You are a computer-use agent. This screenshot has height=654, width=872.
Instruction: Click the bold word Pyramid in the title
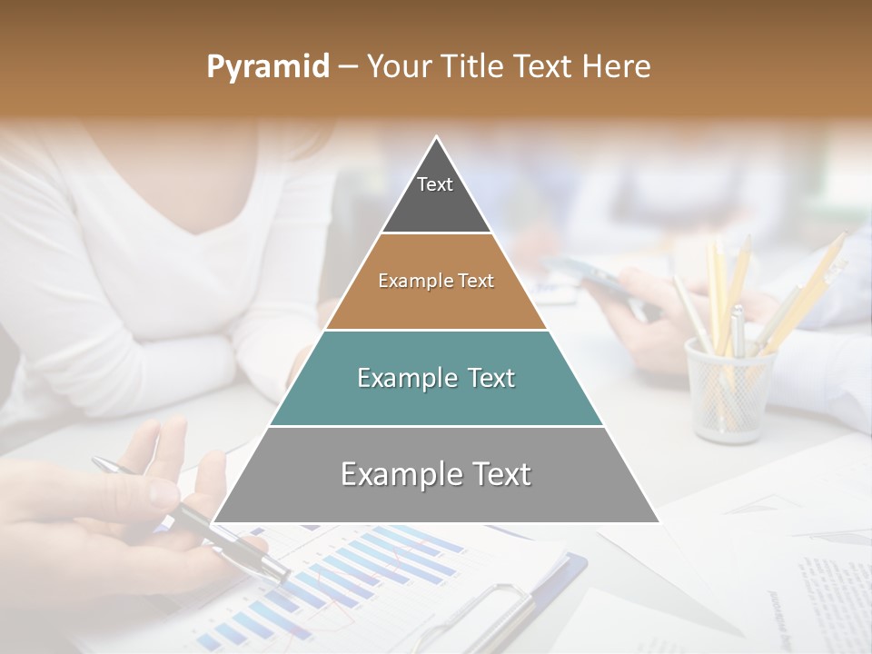[267, 67]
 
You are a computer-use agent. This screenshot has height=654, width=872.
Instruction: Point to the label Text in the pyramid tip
[435, 184]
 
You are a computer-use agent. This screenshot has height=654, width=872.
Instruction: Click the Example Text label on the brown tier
[436, 281]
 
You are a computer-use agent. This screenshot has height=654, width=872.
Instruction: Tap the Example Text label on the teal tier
[436, 378]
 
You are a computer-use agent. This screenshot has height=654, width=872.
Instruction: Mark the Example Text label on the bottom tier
[436, 474]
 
